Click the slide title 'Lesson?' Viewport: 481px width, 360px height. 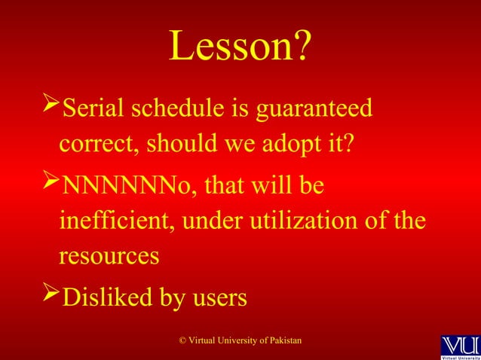(240, 48)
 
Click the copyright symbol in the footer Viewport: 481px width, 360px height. (182, 342)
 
